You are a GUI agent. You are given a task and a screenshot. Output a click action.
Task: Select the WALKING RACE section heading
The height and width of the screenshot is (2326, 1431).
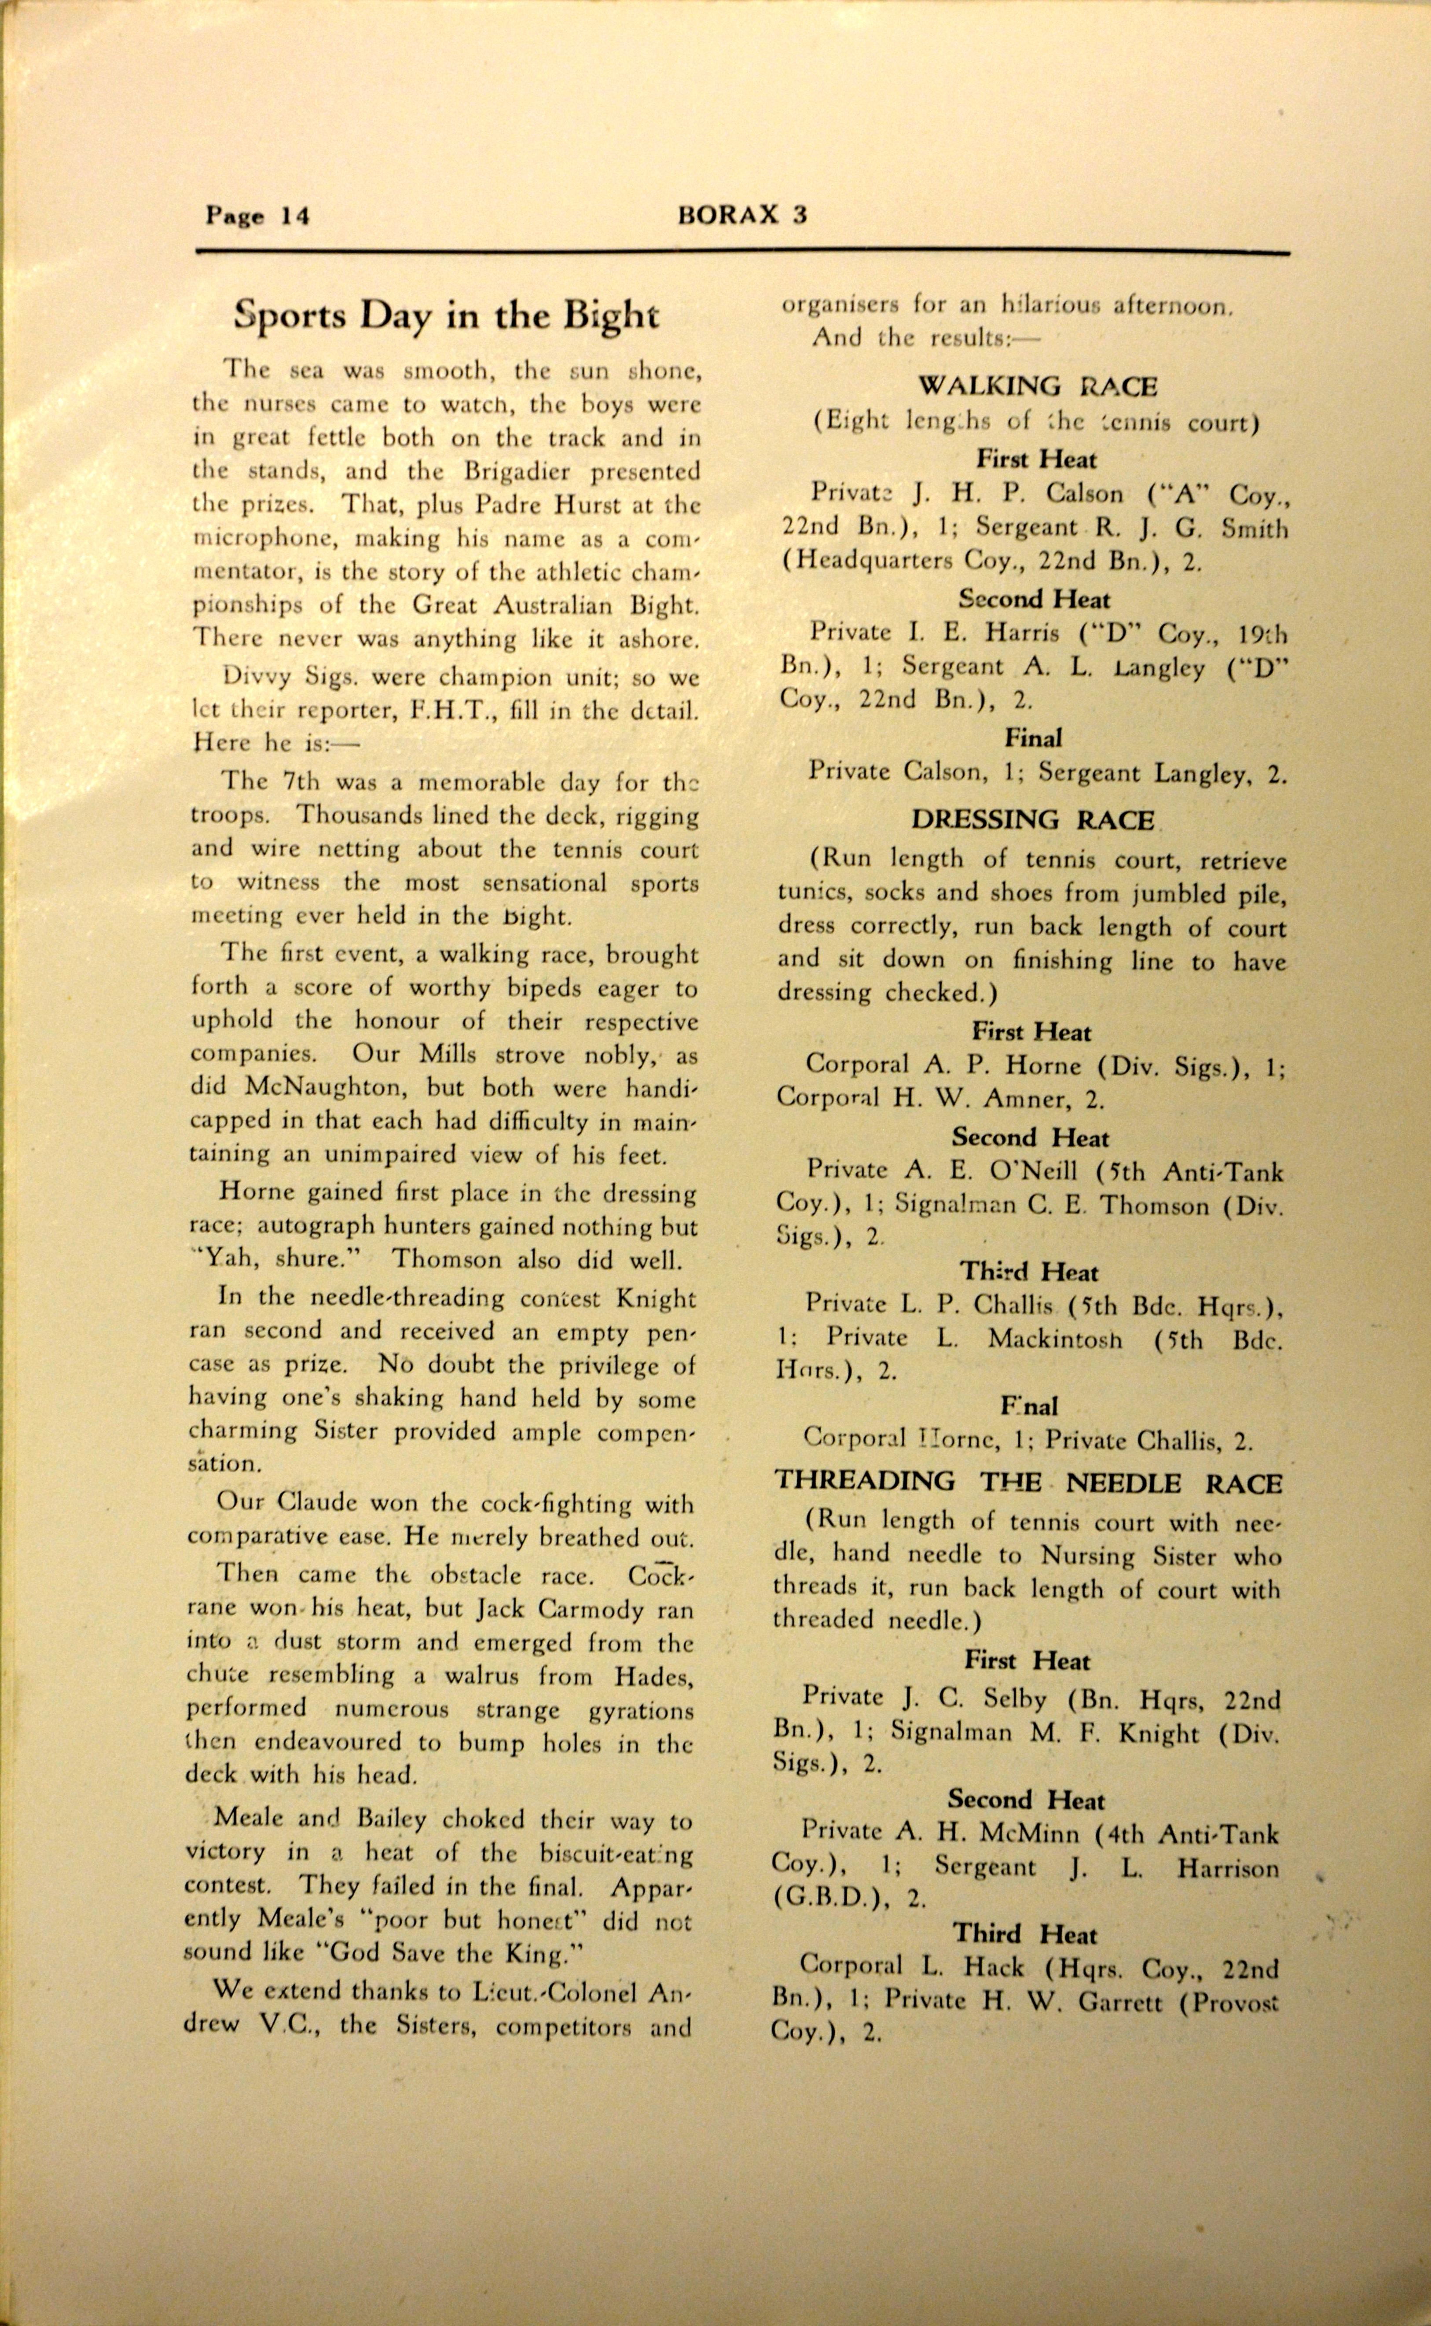[1037, 386]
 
